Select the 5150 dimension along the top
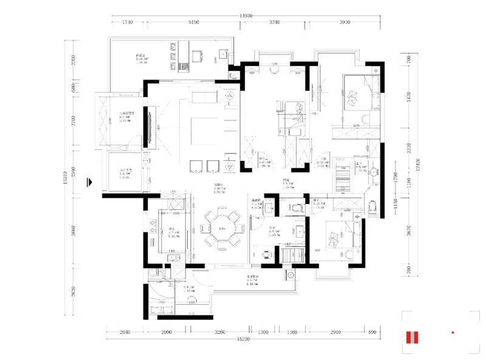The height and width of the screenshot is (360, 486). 194,22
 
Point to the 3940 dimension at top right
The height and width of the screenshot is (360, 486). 344,22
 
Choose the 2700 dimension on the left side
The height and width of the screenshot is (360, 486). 72,121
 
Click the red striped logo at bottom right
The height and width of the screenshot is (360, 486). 414,338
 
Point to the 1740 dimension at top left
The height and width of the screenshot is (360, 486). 127,22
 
